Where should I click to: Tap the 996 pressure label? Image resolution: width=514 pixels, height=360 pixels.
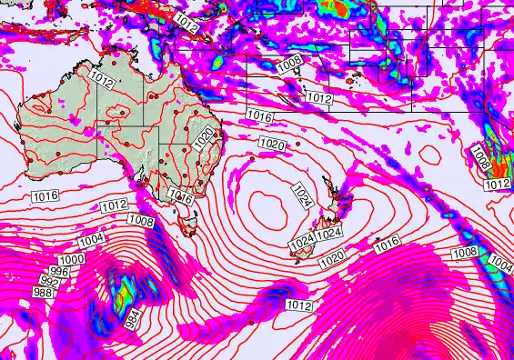point(60,272)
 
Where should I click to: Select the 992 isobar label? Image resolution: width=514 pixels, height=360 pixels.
point(49,281)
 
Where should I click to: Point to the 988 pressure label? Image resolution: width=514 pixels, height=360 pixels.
point(43,292)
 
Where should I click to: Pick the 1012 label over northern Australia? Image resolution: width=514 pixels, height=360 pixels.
point(102,82)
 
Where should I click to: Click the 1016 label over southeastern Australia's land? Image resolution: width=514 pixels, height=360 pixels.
point(180,196)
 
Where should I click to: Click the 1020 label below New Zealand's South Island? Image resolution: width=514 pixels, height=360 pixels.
point(332,260)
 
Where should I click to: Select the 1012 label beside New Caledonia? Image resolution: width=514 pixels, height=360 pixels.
point(317,97)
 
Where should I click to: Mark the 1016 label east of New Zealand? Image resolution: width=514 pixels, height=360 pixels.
point(387,242)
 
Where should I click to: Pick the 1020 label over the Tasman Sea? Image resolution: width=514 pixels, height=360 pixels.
point(270,144)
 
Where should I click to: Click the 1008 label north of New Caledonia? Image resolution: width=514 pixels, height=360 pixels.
point(289,63)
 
